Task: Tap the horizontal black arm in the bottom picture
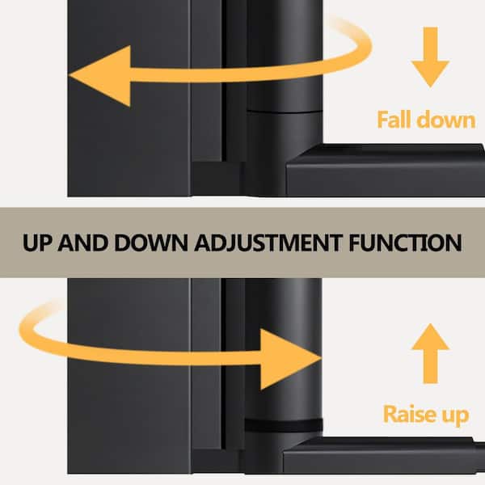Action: coord(380,458)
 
